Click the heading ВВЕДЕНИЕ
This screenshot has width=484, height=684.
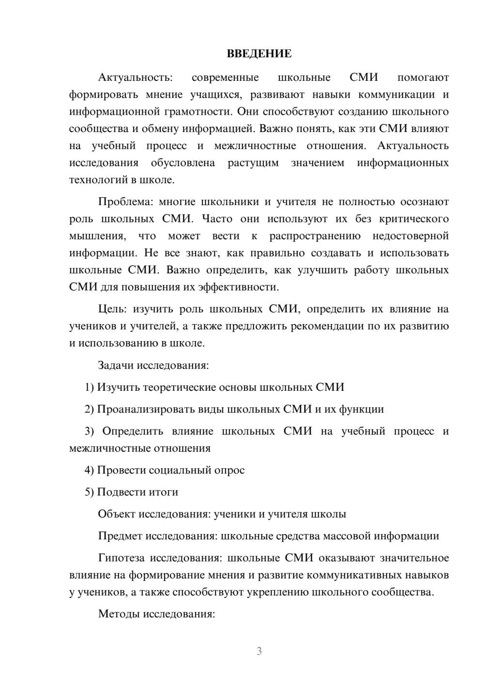(259, 54)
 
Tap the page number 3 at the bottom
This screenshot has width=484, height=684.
(259, 651)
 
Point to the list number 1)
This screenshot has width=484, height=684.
(89, 387)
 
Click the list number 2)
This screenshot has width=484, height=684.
(89, 409)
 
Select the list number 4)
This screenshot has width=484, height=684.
(89, 470)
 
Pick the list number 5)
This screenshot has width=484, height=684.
(89, 492)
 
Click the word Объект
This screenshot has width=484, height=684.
(117, 514)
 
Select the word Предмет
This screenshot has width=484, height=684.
(120, 536)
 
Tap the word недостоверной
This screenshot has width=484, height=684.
(410, 236)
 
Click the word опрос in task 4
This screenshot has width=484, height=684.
(229, 470)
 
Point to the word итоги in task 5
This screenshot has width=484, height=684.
(164, 492)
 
